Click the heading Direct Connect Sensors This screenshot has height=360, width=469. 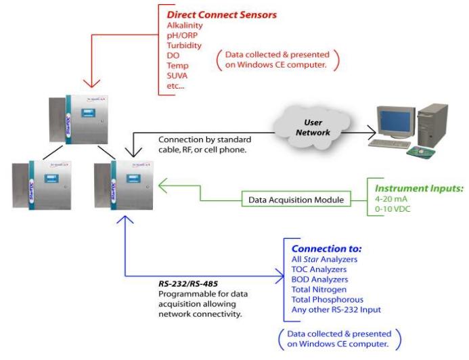[213, 13]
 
